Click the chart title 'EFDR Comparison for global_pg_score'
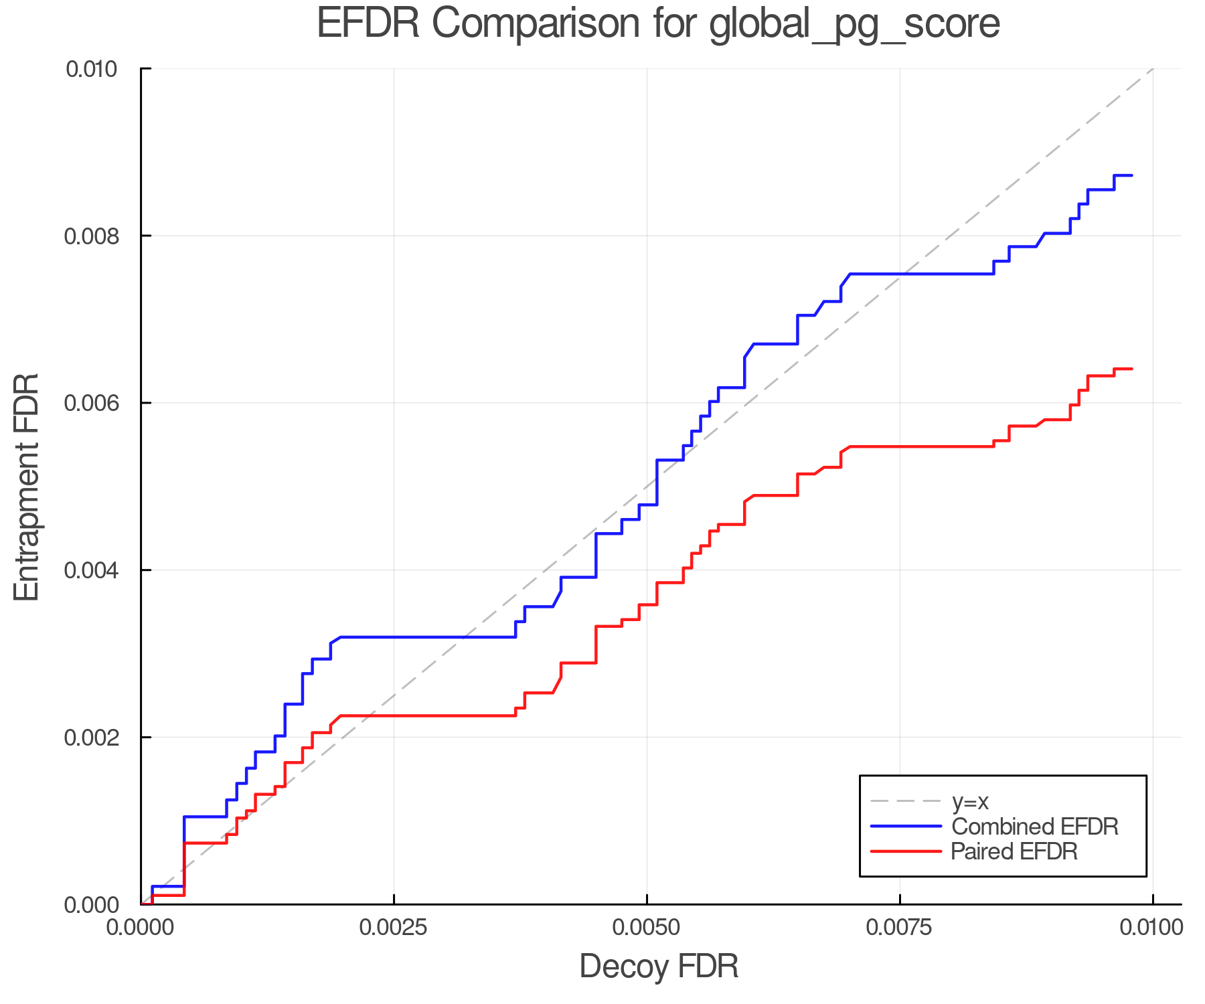658,24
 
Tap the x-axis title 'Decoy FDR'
659,967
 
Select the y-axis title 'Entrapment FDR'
27,487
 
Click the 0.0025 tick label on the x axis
394,927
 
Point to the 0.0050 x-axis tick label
647,927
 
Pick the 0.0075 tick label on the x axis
900,927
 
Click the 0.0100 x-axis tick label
1152,927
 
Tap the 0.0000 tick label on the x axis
141,927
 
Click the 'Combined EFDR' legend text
1034,827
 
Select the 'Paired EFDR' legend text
1014,851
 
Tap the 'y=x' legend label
970,801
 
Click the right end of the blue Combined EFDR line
1131,175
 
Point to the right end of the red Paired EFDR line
1131,369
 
